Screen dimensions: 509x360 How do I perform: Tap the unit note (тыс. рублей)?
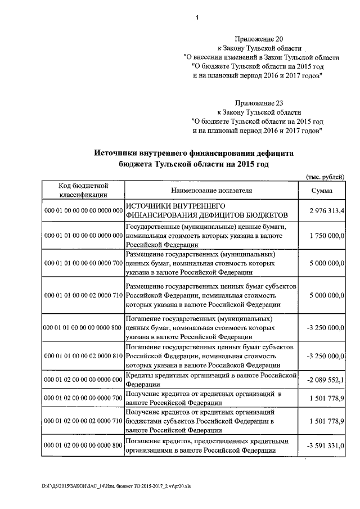coord(325,177)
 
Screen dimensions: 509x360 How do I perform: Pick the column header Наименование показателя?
coord(209,191)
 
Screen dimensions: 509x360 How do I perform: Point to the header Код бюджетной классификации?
coord(83,191)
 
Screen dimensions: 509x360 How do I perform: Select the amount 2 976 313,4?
coord(326,210)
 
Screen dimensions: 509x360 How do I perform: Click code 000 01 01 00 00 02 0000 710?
coord(83,295)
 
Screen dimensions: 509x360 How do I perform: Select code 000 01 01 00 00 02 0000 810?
coord(83,356)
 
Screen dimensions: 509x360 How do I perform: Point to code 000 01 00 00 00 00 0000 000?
coord(83,210)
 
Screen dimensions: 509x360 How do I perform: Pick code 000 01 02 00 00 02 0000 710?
coord(83,421)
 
